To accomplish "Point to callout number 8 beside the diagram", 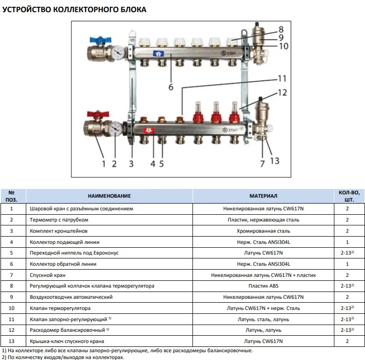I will tap(281, 29).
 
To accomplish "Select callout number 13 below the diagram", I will tap(275, 160).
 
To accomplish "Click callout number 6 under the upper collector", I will tap(171, 87).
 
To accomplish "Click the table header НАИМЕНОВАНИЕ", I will tap(109, 195).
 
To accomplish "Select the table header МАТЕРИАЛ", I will tap(264, 195).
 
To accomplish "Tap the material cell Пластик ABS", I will tap(264, 286).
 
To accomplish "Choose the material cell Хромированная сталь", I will tap(264, 231).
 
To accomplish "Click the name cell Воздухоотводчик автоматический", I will tap(71, 297).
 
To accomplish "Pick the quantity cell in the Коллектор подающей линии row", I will tap(348, 241).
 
